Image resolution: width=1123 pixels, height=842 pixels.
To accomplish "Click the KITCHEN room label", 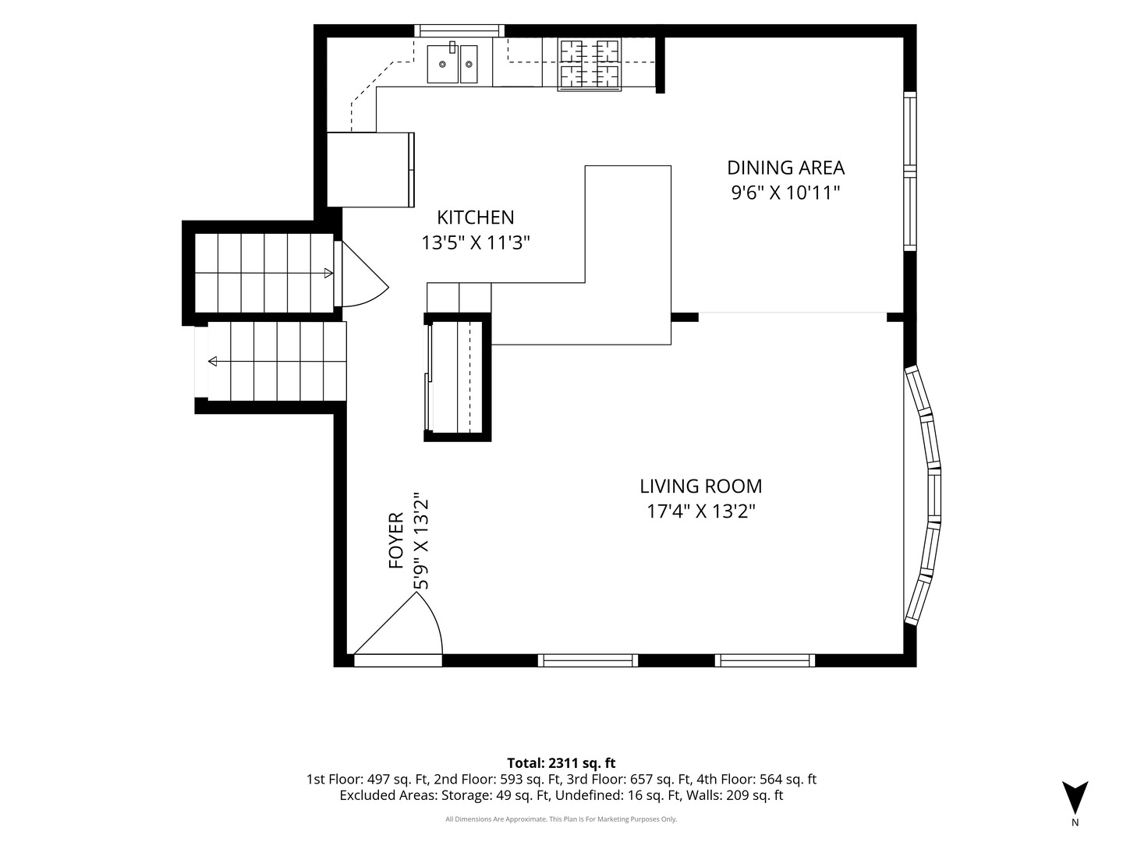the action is [475, 218].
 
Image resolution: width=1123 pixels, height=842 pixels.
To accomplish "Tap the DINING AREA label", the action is [785, 168].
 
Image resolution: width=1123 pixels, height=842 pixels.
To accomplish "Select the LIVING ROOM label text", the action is [701, 486].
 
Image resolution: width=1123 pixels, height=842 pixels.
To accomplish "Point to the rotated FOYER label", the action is [396, 540].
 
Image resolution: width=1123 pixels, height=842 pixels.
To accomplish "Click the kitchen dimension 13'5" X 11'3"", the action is [475, 242].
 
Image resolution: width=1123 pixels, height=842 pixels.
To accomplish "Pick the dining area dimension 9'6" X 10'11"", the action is [785, 193].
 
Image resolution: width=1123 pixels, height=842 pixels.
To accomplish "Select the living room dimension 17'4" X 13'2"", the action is [701, 511].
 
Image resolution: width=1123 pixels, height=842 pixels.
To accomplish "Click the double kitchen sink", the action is [453, 63].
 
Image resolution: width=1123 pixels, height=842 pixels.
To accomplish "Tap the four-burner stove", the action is [590, 65].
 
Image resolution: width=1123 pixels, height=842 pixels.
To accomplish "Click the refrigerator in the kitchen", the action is [370, 170].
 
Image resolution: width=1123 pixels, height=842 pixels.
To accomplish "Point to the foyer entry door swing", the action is [399, 624].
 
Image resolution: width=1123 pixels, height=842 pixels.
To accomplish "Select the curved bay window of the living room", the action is [923, 495].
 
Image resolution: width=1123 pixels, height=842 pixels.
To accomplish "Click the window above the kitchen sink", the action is [459, 30].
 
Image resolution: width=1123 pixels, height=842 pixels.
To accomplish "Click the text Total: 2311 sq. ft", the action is [561, 763].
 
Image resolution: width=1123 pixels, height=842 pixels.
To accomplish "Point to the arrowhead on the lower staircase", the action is [212, 362].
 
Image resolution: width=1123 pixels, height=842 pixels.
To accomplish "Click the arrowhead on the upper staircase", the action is [329, 274].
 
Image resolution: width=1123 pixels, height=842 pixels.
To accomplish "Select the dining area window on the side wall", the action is [909, 172].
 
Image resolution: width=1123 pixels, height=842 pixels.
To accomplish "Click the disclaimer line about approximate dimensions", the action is [561, 819].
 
